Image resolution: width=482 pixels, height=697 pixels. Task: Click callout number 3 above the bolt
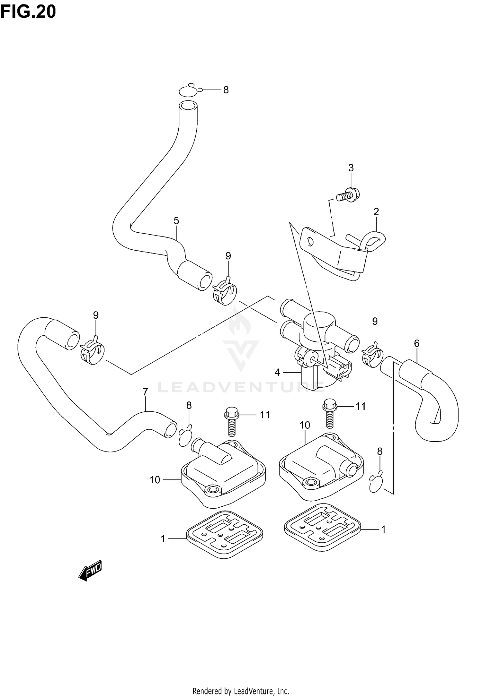coord(351,168)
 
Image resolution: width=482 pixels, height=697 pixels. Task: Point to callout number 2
coord(376,212)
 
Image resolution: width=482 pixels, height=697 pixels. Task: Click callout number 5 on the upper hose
coord(176,221)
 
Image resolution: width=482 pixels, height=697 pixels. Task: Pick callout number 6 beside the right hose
coord(416,343)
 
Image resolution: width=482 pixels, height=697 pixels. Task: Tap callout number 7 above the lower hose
coord(145,392)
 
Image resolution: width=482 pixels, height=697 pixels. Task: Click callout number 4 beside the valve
coord(277,372)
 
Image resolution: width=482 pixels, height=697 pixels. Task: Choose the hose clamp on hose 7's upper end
coord(93,353)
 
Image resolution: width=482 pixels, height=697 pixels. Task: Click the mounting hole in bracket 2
coord(309,241)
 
